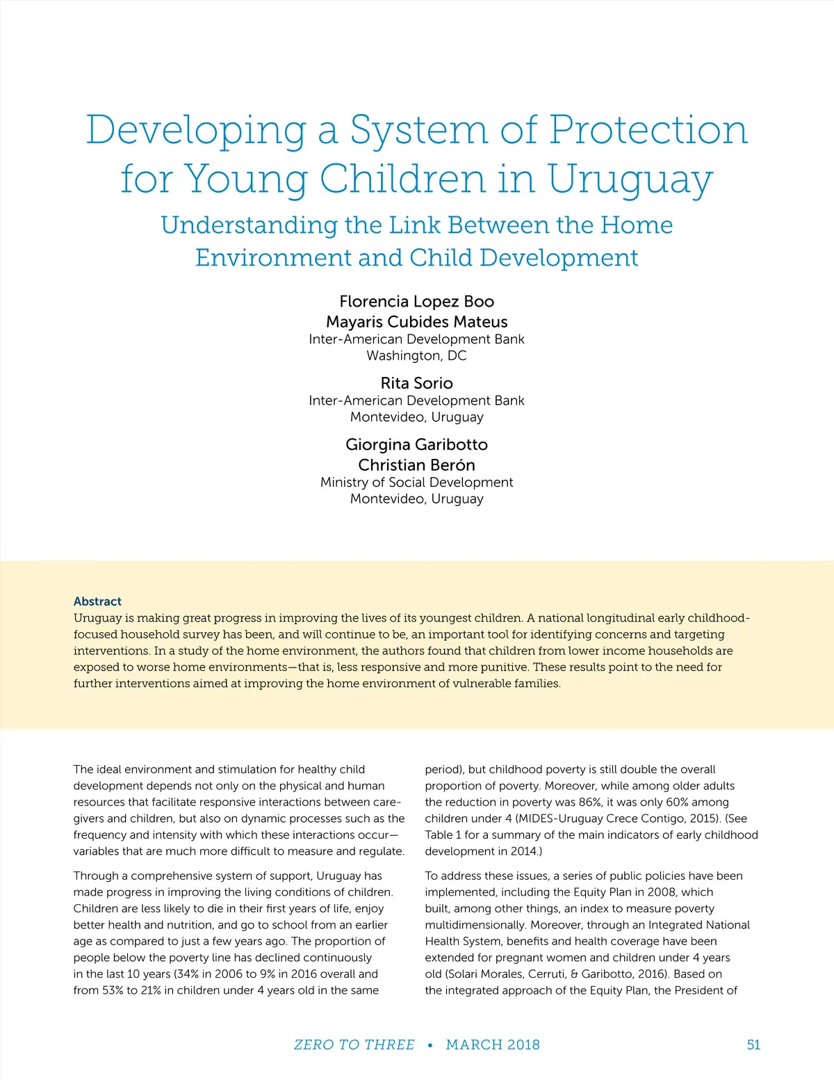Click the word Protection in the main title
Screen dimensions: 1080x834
click(x=648, y=130)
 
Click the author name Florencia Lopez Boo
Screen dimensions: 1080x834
click(x=417, y=301)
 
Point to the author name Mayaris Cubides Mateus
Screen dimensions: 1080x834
click(x=417, y=321)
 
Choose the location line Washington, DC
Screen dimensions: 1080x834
click(x=417, y=355)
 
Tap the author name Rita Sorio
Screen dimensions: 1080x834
click(x=417, y=383)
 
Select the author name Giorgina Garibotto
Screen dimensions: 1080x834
click(x=417, y=444)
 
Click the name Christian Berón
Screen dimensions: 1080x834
click(x=417, y=465)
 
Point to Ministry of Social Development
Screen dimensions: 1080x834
click(x=417, y=482)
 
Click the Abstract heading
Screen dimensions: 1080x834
click(x=97, y=602)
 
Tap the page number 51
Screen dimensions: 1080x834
click(x=753, y=1045)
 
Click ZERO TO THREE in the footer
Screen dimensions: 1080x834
click(x=354, y=1045)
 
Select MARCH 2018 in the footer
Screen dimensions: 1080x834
click(x=493, y=1045)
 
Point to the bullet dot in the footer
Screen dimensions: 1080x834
click(x=430, y=1045)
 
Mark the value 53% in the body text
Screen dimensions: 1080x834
click(x=113, y=990)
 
